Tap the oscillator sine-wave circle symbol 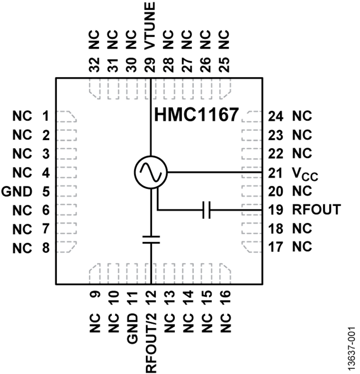(x=150, y=172)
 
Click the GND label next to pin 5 (x=17, y=191)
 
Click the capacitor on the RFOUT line (x=206, y=209)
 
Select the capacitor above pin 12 (x=151, y=240)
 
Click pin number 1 (x=46, y=116)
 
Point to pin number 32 (x=94, y=64)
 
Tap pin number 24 (x=276, y=116)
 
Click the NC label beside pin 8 (x=22, y=248)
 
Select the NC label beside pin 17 (x=302, y=247)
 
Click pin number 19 (x=276, y=209)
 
